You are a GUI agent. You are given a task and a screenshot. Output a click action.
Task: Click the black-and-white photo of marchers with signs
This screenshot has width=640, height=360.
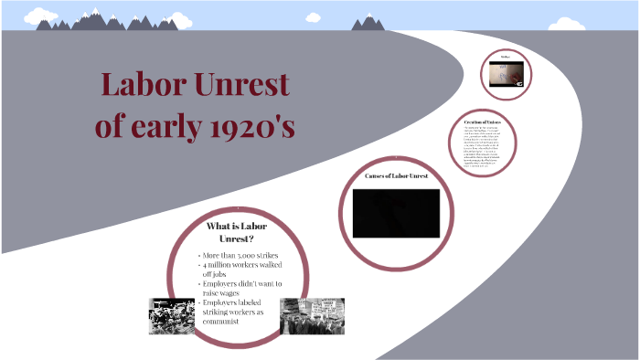tap(312, 315)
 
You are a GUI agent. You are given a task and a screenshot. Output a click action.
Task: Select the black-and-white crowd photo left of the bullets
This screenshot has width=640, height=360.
tap(173, 316)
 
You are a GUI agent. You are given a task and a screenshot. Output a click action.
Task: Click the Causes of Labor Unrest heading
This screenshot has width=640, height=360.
tap(396, 175)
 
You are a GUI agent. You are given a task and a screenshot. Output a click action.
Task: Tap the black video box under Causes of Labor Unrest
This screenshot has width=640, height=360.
tap(396, 212)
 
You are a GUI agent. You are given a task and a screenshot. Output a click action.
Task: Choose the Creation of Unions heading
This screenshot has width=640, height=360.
tap(482, 122)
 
